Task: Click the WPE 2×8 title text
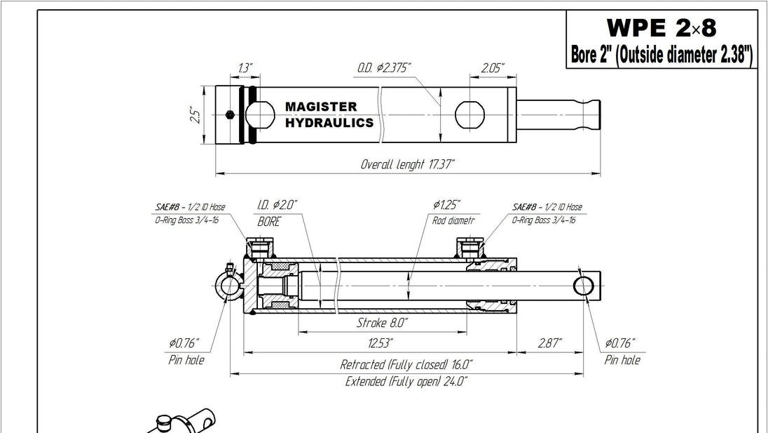[x=661, y=28]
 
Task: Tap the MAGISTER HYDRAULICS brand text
[x=329, y=115]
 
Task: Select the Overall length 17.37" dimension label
[x=408, y=164]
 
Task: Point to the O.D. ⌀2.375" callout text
[x=383, y=67]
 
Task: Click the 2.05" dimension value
[x=492, y=67]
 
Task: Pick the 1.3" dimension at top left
[x=245, y=67]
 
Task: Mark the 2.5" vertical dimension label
[x=196, y=115]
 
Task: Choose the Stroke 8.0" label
[x=382, y=323]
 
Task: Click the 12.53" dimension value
[x=380, y=343]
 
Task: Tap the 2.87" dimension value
[x=549, y=343]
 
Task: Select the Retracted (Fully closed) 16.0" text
[x=406, y=364]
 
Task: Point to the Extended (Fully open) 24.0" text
[x=406, y=381]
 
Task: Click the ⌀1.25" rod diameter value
[x=446, y=205]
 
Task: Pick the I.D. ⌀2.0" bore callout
[x=277, y=205]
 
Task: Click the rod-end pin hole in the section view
[x=583, y=286]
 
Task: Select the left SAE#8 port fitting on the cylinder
[x=260, y=248]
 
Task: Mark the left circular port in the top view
[x=259, y=115]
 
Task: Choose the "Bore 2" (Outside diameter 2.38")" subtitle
[x=661, y=55]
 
